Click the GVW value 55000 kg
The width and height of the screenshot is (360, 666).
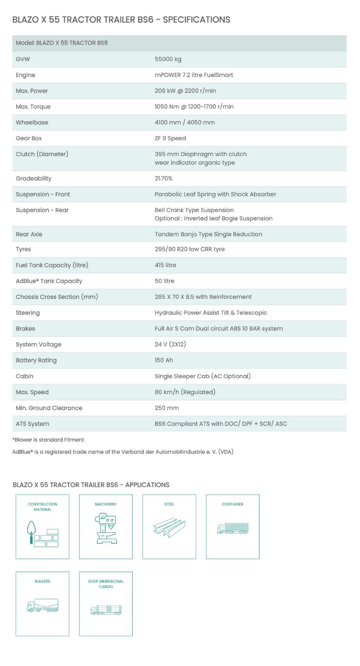coord(168,59)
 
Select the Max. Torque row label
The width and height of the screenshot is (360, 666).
coord(33,107)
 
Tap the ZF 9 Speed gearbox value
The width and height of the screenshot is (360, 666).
coord(170,138)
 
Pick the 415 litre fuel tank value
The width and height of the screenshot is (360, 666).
coord(165,265)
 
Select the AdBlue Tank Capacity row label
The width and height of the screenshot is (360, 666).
coord(49,281)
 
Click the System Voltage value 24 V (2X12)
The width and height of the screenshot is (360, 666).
coord(170,345)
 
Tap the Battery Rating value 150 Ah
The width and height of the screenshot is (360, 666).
coord(164,360)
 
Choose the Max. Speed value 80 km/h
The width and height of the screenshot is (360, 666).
coord(185,392)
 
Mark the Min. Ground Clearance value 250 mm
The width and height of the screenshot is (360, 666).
coord(167,408)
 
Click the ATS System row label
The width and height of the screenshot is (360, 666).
coord(32,424)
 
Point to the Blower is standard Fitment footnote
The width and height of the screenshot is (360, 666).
coord(48,440)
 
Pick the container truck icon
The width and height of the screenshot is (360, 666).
coord(233,529)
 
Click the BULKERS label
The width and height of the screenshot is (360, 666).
coord(42,581)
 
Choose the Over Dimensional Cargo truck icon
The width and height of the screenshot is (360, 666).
coord(106,610)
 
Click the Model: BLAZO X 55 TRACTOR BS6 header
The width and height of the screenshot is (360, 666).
coord(61,43)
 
